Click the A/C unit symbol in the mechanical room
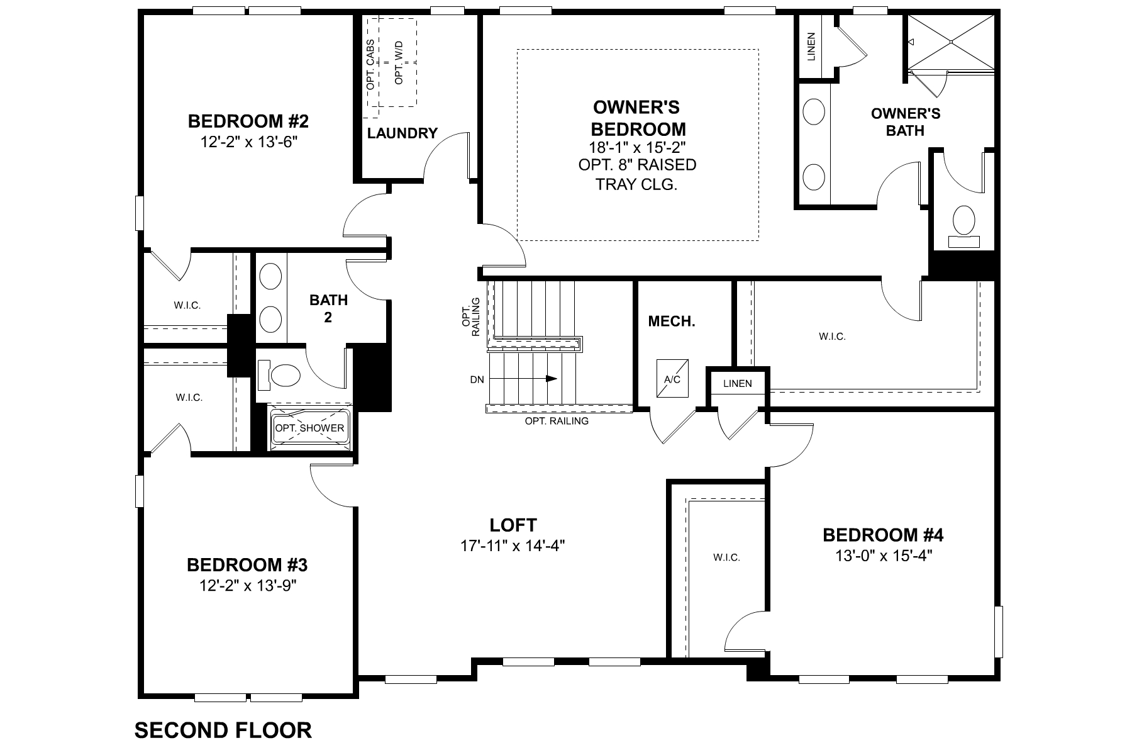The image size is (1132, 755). (672, 378)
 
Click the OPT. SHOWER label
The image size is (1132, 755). (309, 428)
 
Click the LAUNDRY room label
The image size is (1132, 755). (402, 133)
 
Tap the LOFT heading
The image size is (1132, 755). (513, 525)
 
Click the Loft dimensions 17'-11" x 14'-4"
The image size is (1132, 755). (513, 545)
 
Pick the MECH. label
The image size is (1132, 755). (672, 322)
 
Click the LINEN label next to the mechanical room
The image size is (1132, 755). (737, 383)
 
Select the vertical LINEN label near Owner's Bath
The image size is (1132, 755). (811, 47)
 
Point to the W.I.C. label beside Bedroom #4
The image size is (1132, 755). (726, 557)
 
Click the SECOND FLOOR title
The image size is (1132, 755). (223, 730)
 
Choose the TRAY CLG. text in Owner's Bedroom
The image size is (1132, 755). (636, 185)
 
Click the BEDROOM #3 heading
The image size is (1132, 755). (247, 564)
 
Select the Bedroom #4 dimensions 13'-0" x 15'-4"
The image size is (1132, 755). (883, 556)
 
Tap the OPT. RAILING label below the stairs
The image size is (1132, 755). (557, 421)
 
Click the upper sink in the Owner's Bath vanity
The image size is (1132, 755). (814, 113)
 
